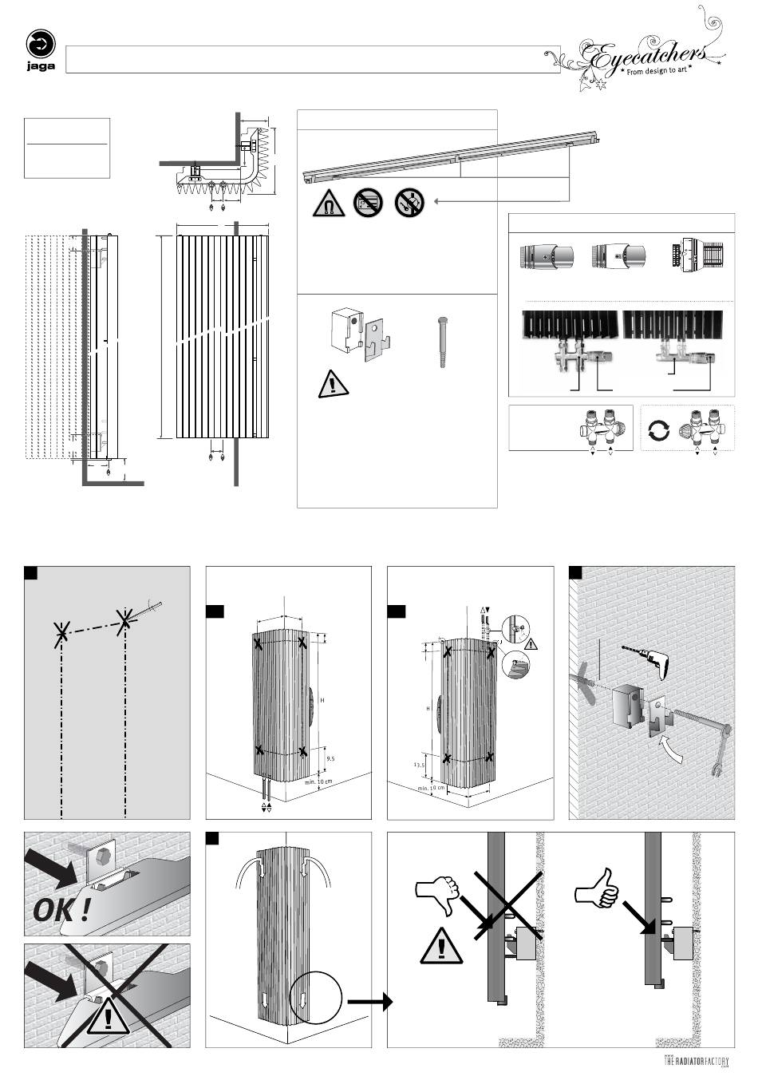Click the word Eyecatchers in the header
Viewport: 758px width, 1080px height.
point(646,54)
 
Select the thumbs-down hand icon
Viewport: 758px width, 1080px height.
point(438,895)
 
